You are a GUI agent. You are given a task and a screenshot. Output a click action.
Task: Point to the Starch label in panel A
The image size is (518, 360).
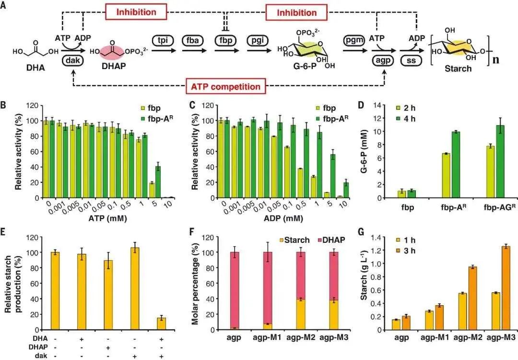pyautogui.click(x=459, y=68)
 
